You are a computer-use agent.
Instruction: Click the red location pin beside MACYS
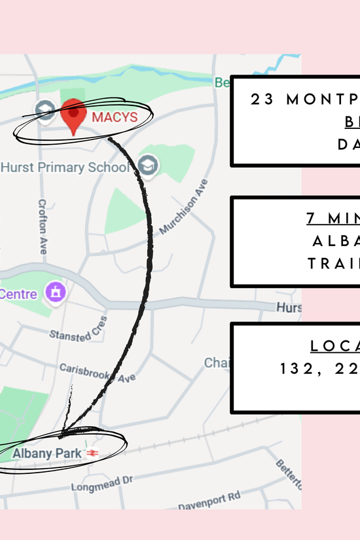point(74,115)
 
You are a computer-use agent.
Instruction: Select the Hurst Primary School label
point(65,167)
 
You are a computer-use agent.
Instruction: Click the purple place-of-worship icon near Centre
point(56,292)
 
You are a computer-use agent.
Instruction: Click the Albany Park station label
point(47,453)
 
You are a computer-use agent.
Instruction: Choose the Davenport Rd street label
point(209,500)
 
